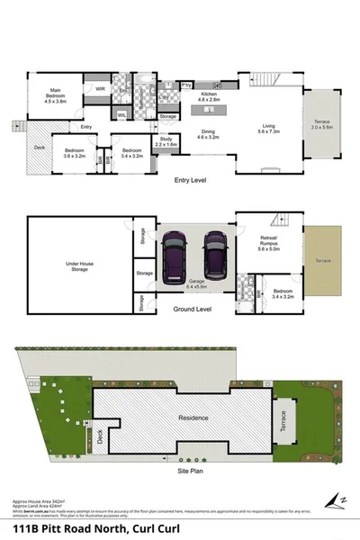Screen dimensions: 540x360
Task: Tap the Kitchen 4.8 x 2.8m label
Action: click(x=210, y=97)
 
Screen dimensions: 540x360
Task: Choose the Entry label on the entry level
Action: click(x=85, y=127)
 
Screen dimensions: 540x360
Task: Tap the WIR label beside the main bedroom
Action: click(x=101, y=89)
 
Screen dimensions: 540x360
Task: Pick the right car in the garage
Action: click(x=215, y=254)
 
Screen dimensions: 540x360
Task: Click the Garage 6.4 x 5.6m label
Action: click(x=194, y=283)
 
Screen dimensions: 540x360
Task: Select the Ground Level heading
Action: click(x=192, y=309)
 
